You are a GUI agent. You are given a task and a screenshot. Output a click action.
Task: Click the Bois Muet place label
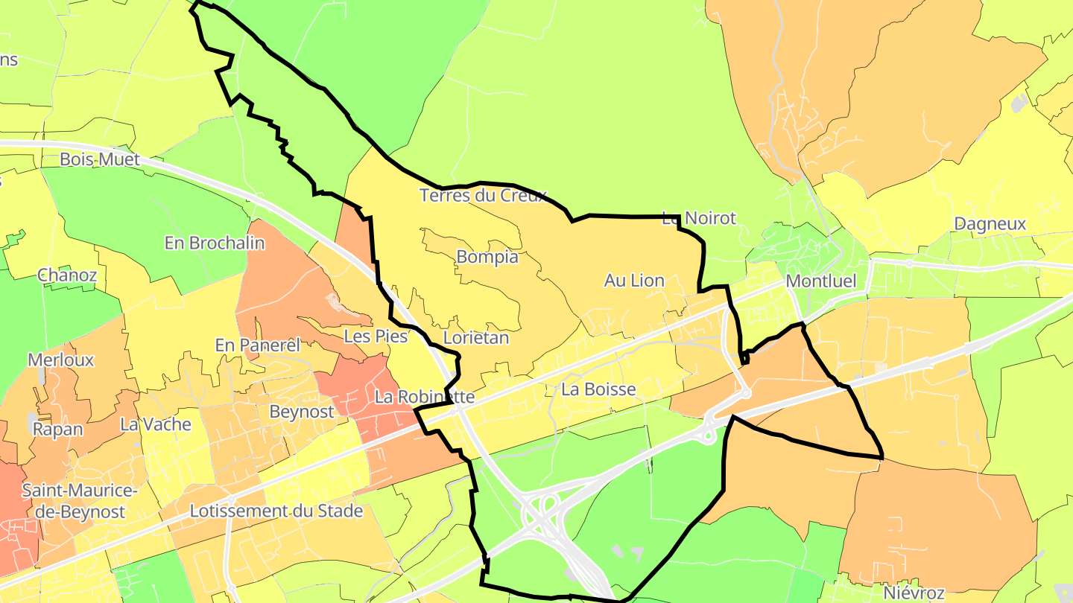click(99, 159)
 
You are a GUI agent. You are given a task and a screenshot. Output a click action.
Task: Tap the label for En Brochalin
click(215, 243)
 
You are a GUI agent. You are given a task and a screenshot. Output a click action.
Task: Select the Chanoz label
click(67, 275)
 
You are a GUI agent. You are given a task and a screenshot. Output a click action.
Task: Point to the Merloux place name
click(61, 360)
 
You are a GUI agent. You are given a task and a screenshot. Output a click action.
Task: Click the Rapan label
click(58, 430)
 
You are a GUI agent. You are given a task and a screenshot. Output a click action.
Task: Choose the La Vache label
click(156, 425)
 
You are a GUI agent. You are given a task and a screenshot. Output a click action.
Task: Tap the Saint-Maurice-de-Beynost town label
click(79, 502)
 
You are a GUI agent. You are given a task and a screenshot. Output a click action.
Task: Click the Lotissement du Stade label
click(276, 511)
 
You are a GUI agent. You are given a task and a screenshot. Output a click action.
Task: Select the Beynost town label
click(302, 412)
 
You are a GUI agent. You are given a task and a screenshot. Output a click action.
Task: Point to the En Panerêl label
click(257, 345)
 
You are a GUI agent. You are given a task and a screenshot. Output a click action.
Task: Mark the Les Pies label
click(376, 336)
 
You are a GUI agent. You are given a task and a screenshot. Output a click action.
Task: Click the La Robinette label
click(424, 398)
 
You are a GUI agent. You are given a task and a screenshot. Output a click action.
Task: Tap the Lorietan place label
click(476, 338)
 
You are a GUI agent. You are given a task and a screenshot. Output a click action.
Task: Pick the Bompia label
click(487, 258)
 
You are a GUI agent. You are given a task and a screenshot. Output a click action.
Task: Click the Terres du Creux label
click(483, 196)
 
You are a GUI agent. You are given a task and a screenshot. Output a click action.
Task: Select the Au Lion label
click(634, 281)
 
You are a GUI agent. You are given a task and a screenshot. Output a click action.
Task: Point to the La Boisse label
click(598, 389)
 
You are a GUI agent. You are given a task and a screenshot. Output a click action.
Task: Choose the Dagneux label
click(990, 224)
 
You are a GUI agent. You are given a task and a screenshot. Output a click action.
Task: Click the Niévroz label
click(914, 593)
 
